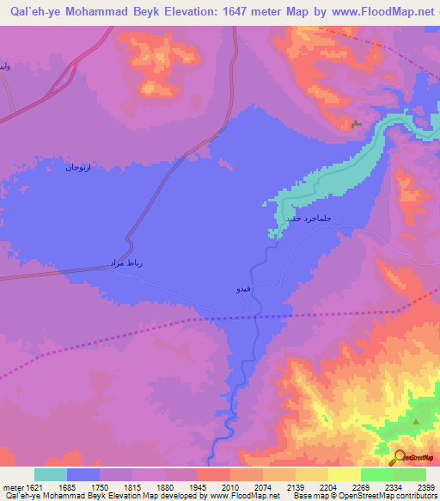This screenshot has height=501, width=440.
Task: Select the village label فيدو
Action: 244,289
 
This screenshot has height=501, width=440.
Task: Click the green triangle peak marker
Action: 417,421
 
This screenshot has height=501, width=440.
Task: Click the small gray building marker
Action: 357,125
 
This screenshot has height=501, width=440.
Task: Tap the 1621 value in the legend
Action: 34,486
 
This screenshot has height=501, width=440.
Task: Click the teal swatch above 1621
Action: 50,474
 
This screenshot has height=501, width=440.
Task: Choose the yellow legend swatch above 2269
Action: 344,474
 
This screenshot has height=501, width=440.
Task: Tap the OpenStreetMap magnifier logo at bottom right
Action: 400,457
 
